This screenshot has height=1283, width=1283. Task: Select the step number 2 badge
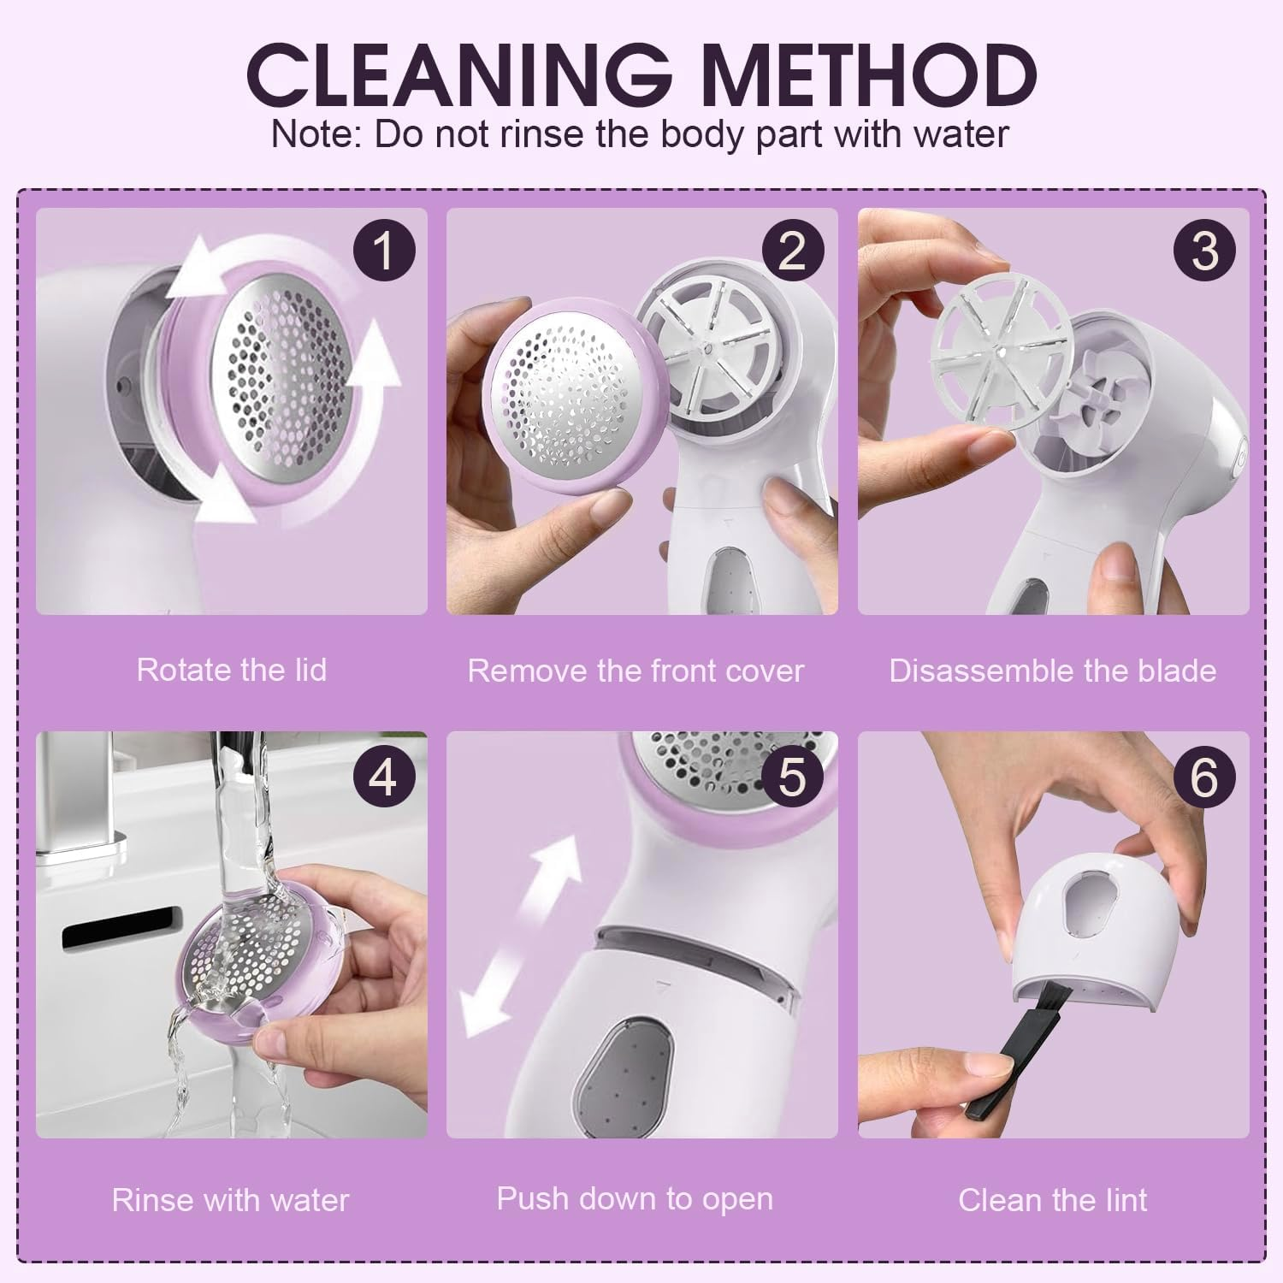click(x=793, y=251)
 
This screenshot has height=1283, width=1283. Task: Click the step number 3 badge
click(x=1204, y=251)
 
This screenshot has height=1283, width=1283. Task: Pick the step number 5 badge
click(x=793, y=777)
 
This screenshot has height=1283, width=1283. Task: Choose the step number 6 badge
click(x=1204, y=777)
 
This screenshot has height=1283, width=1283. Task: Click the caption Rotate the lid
click(x=232, y=670)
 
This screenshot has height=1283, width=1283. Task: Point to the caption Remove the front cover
click(x=636, y=671)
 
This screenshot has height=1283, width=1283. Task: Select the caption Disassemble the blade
click(x=1052, y=671)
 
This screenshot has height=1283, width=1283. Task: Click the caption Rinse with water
click(x=231, y=1200)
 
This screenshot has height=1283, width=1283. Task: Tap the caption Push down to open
click(x=635, y=1198)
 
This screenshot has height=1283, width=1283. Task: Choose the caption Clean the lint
click(x=1052, y=1200)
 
